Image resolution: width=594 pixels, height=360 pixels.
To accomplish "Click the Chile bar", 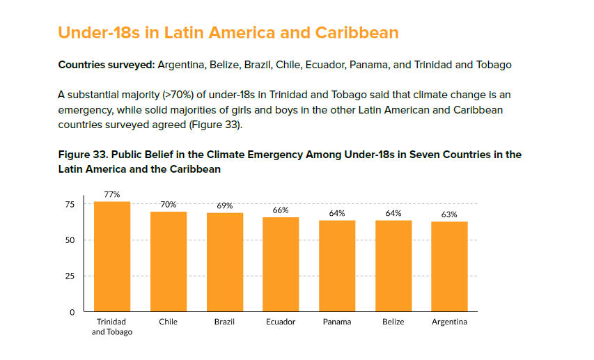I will pos(169,261).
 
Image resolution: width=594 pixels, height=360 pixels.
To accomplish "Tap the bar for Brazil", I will pos(225,262).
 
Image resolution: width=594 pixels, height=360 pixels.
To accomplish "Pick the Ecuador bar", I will pos(281,264).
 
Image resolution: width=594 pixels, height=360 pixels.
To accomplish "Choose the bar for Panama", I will pos(337,265).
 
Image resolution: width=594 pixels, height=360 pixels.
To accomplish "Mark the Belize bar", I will pos(393,265).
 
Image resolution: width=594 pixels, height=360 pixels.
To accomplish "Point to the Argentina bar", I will pos(449,266).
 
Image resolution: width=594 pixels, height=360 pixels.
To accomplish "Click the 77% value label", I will pos(112,195).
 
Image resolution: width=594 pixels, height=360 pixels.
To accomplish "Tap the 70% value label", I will pos(169,205).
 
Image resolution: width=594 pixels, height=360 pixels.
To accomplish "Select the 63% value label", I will pos(449,214).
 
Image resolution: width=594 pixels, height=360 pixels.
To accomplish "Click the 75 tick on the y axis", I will pos(70,204).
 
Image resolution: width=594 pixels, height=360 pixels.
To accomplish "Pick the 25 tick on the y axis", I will pos(70,276).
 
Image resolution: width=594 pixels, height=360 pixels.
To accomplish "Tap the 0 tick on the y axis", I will pos(72,312).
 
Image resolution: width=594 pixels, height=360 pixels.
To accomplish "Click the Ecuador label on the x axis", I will pos(281,322).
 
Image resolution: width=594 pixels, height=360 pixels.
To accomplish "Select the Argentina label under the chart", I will pos(449,322).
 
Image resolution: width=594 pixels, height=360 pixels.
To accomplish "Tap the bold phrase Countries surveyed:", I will pos(106,65).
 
